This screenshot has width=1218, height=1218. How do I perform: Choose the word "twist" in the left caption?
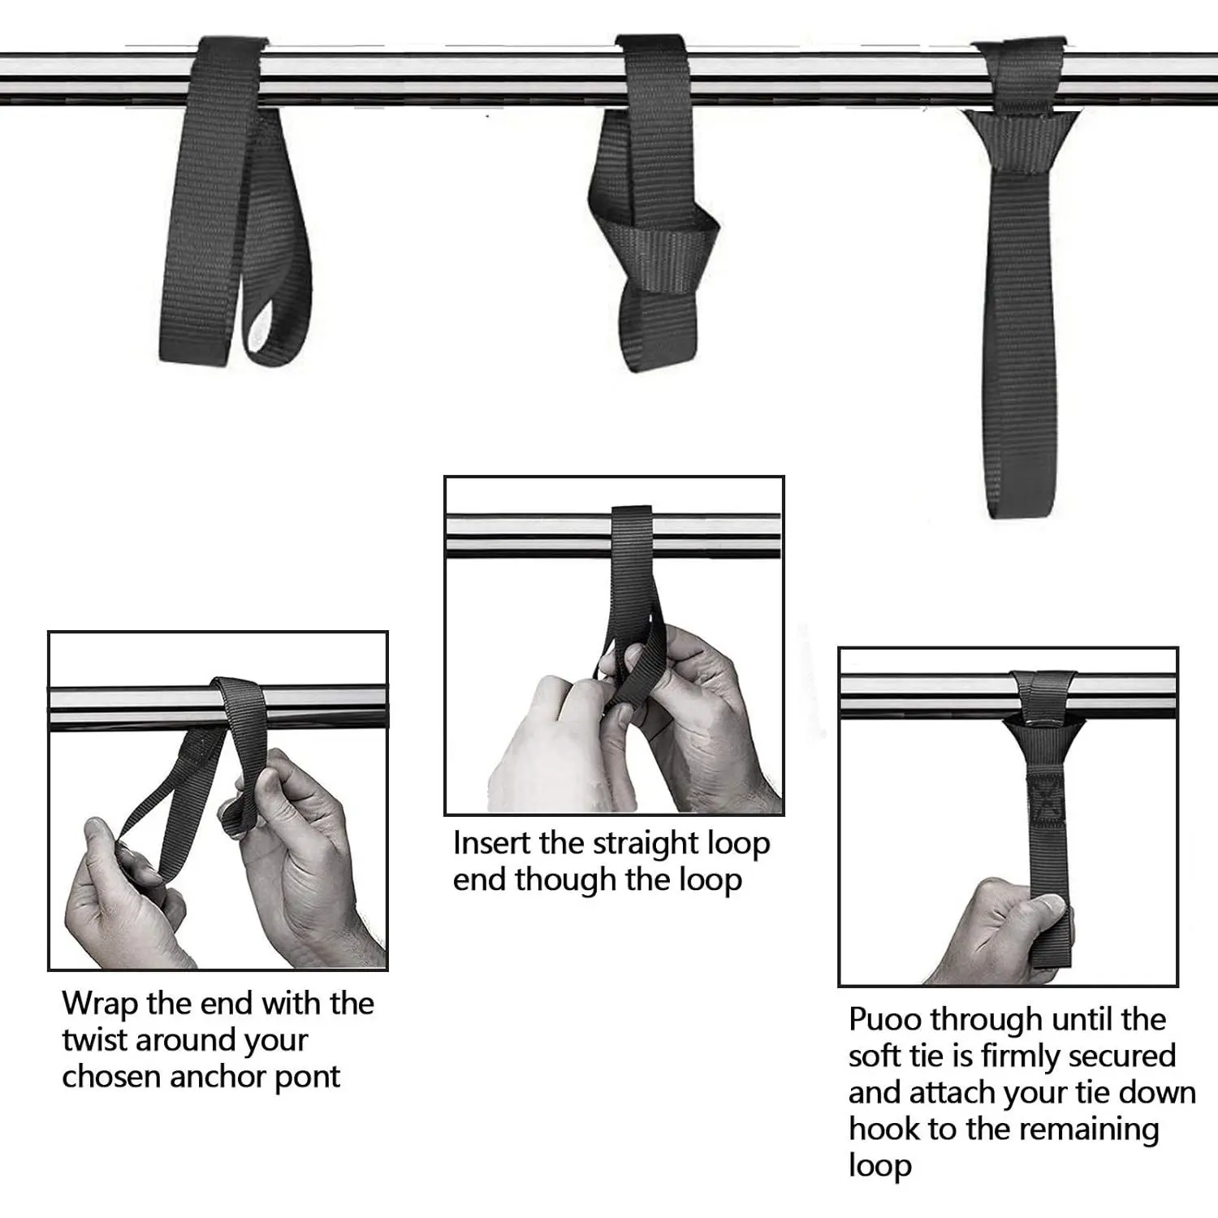(x=93, y=1040)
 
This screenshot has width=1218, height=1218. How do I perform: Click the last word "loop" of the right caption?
(x=880, y=1166)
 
